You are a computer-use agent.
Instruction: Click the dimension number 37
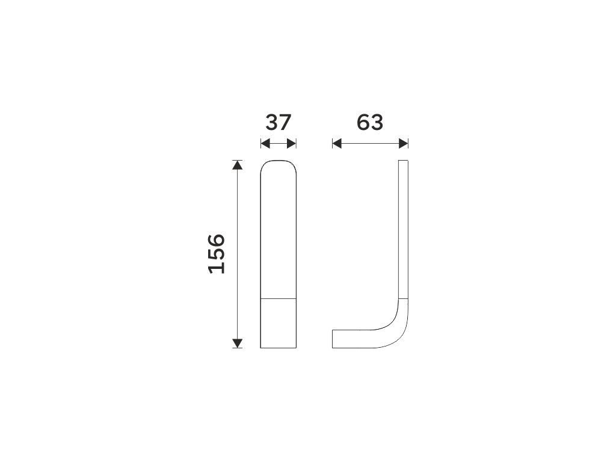[x=278, y=122]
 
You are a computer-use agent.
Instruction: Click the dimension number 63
[x=370, y=122]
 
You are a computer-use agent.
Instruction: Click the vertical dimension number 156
[x=217, y=254]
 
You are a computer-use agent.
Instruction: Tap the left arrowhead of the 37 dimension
[x=265, y=144]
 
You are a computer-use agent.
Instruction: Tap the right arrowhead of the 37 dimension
[x=292, y=144]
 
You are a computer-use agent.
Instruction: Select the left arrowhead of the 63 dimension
[x=337, y=144]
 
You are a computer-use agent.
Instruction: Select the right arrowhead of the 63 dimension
[x=404, y=144]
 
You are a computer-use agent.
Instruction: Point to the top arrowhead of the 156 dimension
[x=237, y=165]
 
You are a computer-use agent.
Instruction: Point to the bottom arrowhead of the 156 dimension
[x=237, y=343]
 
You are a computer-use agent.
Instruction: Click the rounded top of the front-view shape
[x=279, y=161]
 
